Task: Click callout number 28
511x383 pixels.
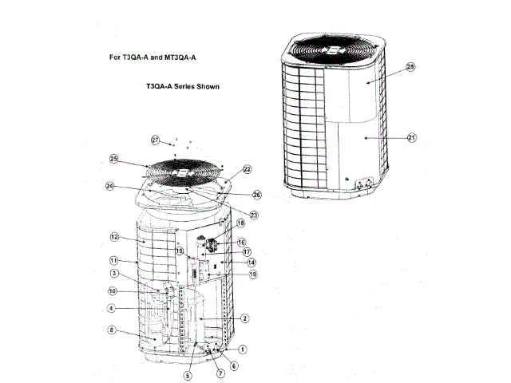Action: tap(410, 69)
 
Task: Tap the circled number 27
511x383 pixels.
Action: tap(156, 140)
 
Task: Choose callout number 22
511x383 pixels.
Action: tap(247, 169)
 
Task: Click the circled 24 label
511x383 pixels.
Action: tap(109, 188)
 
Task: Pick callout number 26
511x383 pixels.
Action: tap(256, 194)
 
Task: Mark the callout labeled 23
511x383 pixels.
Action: tap(254, 214)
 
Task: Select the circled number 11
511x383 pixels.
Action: tap(114, 261)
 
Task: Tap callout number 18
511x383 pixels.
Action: tap(240, 224)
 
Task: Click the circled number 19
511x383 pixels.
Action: tap(253, 274)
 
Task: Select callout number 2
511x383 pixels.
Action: tap(246, 318)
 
